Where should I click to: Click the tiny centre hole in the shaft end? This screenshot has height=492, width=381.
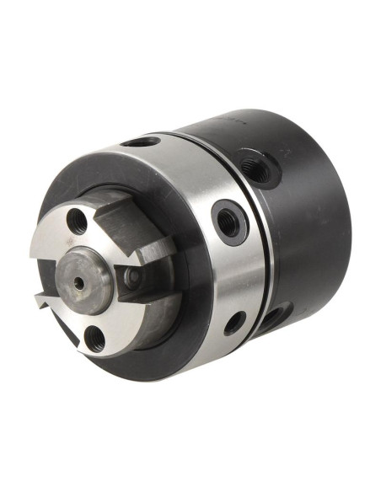(79, 284)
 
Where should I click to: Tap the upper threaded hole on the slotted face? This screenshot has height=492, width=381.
(78, 221)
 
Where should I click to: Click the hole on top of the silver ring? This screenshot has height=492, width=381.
(141, 142)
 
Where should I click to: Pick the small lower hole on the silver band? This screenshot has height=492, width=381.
(234, 323)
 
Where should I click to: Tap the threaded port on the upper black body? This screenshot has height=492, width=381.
(255, 168)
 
